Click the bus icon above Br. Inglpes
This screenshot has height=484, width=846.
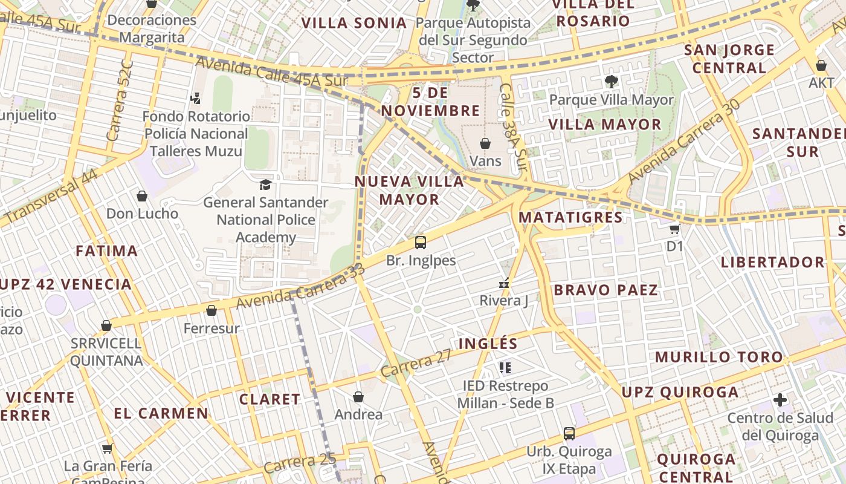pos(421,243)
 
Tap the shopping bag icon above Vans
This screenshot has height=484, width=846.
pos(485,143)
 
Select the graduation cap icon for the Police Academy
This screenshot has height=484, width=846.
pos(265,185)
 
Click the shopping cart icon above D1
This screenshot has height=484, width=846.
pos(674,229)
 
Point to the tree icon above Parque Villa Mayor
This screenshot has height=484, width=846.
pos(611,81)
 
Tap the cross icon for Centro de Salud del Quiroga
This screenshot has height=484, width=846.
pos(780,400)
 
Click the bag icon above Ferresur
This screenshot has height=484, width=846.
pos(211,311)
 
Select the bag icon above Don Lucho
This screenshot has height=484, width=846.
pos(142,196)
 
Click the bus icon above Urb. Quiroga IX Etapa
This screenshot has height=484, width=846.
pos(569,433)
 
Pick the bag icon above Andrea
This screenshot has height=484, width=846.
pos(358,397)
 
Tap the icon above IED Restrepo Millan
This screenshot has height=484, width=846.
pos(505,367)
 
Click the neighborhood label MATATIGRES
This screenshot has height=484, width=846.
pos(570,217)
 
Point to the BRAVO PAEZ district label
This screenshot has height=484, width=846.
pos(605,290)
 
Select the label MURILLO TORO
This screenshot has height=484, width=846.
pos(719,357)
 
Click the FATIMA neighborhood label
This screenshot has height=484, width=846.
pos(107,250)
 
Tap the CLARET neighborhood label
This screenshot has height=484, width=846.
pos(270,399)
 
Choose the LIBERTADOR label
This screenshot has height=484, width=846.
pos(772,262)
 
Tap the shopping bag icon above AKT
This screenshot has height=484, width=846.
pos(821,65)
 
